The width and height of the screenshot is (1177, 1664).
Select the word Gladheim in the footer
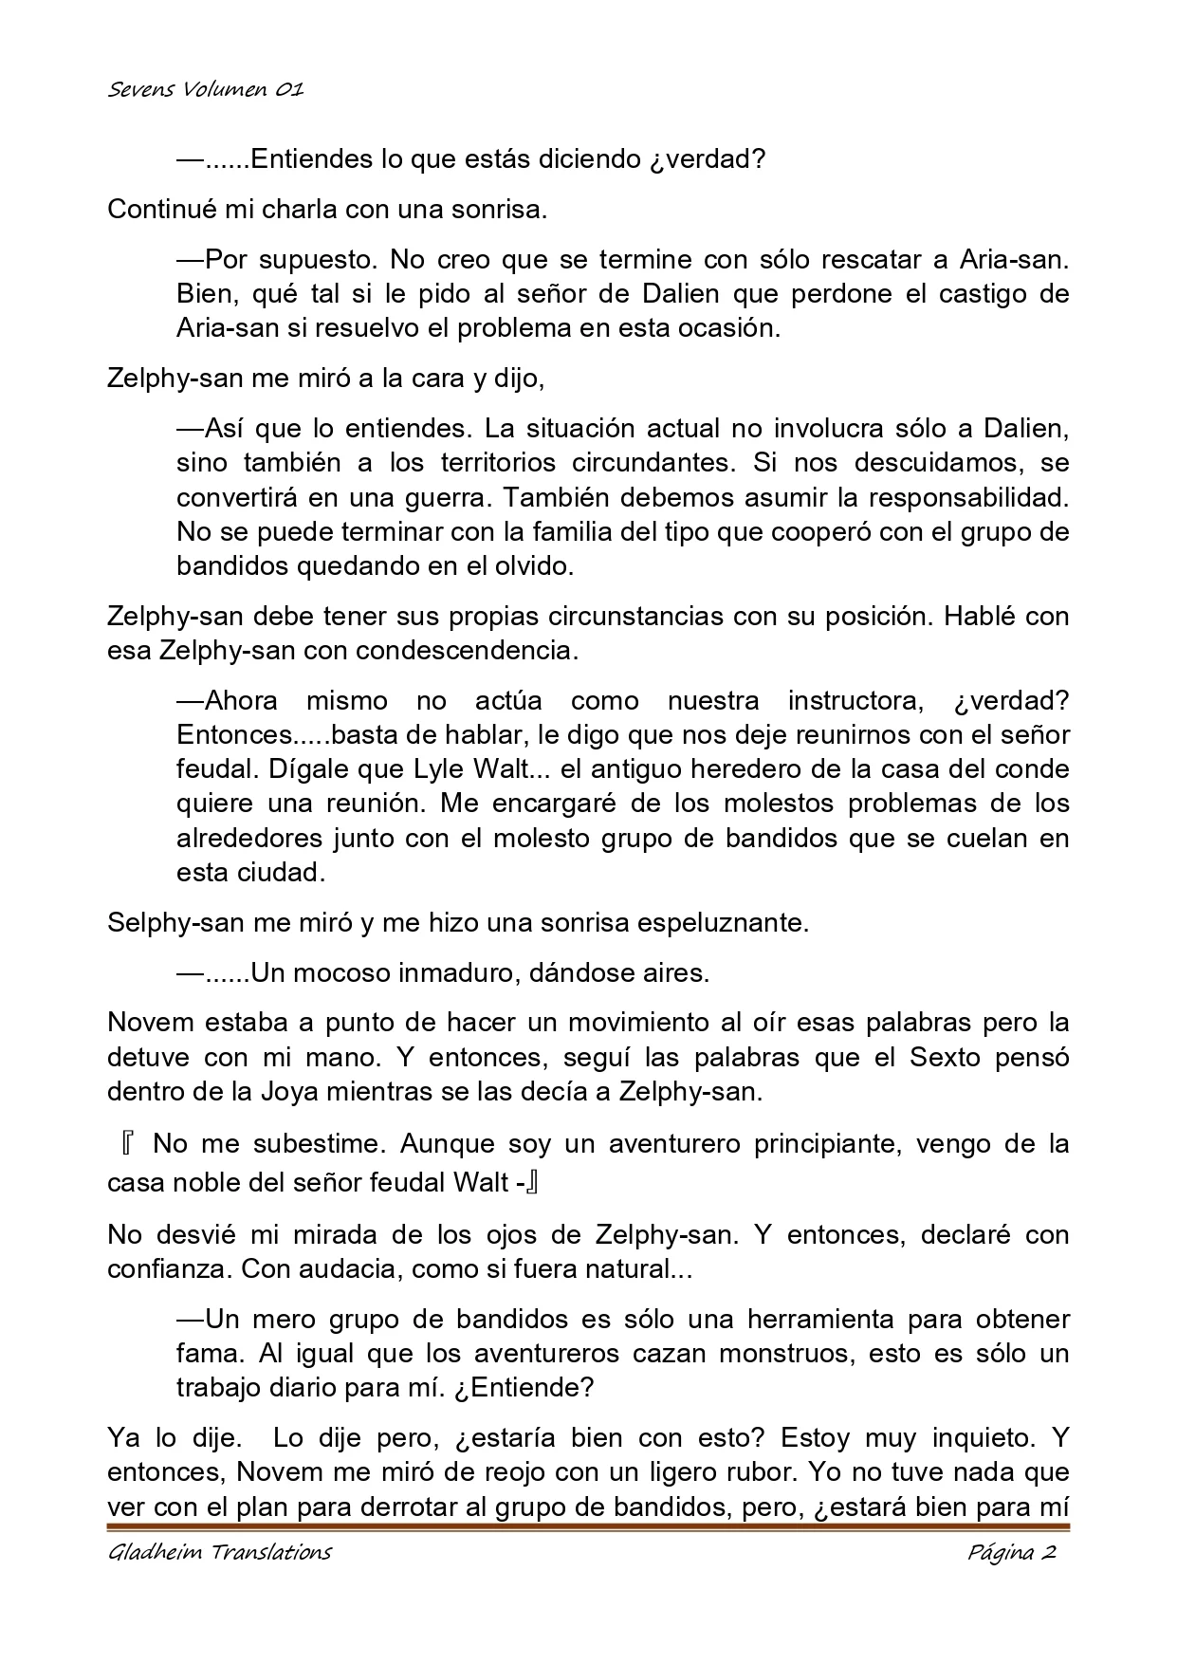coord(148,1553)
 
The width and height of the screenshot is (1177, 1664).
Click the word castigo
coord(983,293)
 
